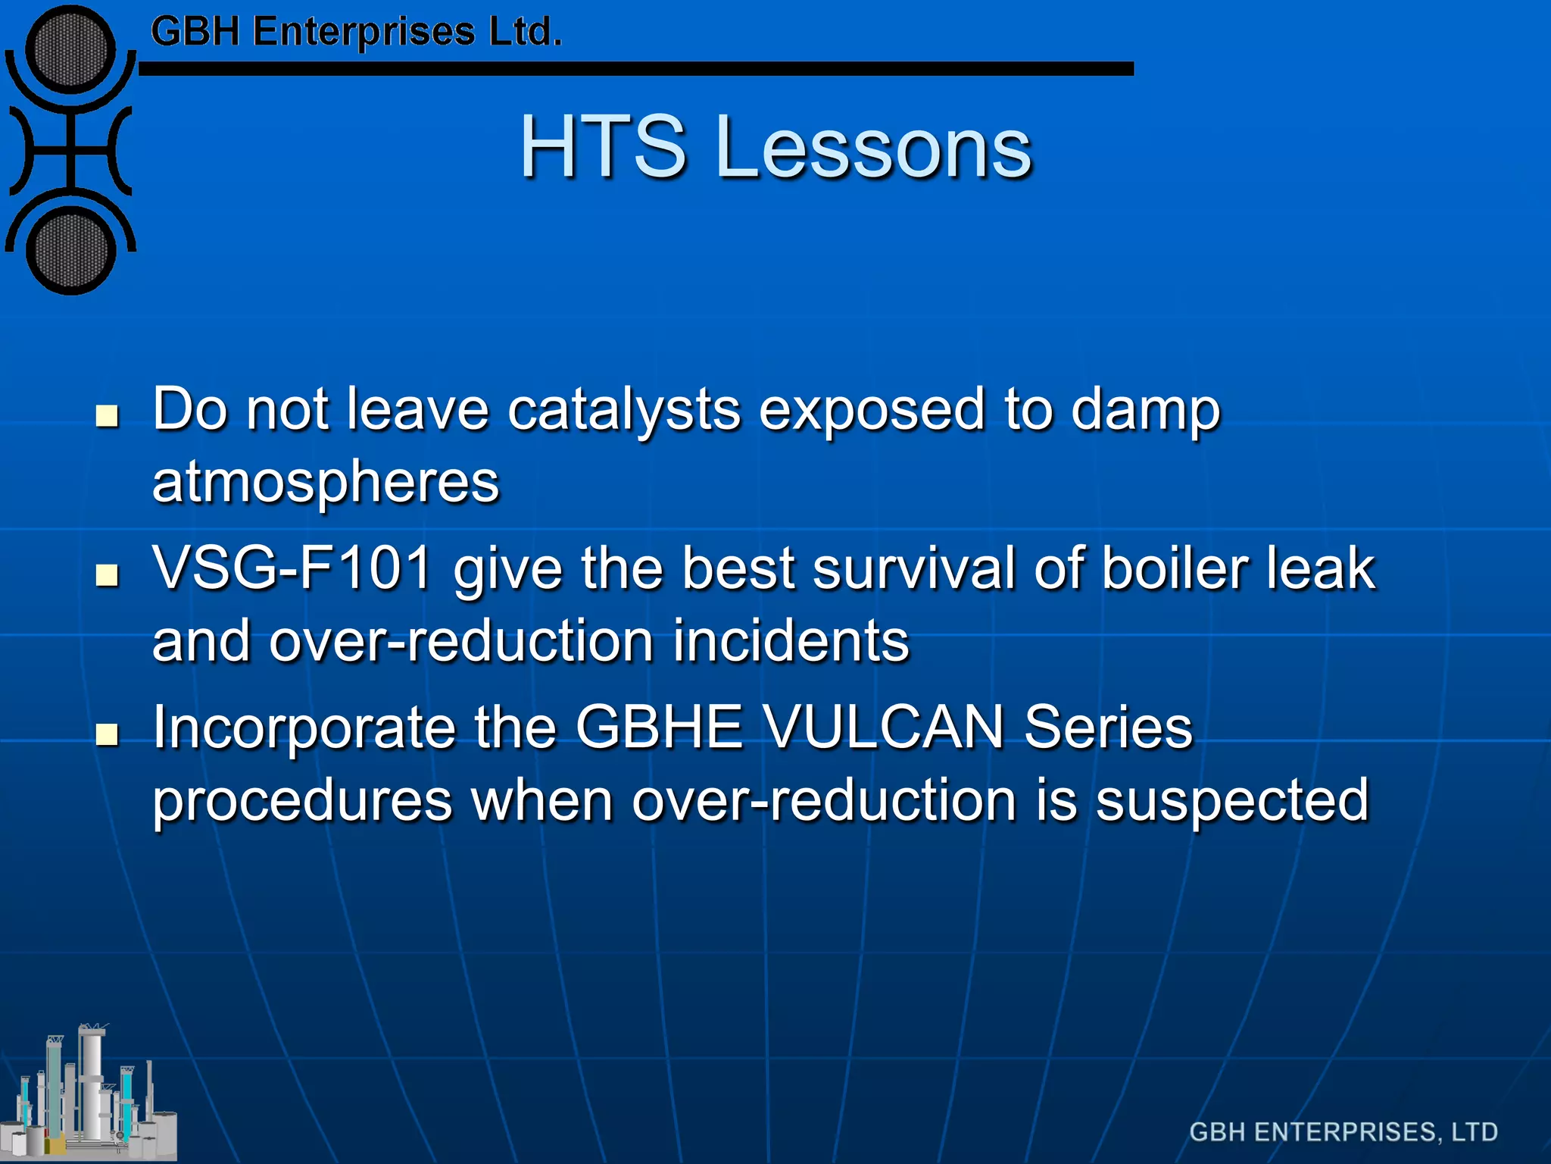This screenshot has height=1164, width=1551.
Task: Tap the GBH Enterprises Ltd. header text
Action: [356, 32]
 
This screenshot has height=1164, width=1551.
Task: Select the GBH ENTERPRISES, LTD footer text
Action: [1343, 1131]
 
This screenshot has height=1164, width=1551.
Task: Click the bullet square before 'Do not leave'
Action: [108, 415]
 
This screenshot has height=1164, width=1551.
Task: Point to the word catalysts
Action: [623, 410]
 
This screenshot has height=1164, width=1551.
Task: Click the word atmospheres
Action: [326, 482]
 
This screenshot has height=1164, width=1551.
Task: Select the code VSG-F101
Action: [292, 568]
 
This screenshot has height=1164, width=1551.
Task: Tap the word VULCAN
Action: [883, 727]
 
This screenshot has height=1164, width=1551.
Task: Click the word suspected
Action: [1232, 800]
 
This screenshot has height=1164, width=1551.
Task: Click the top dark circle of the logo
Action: [70, 49]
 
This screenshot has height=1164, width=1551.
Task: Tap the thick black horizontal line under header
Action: [636, 69]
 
